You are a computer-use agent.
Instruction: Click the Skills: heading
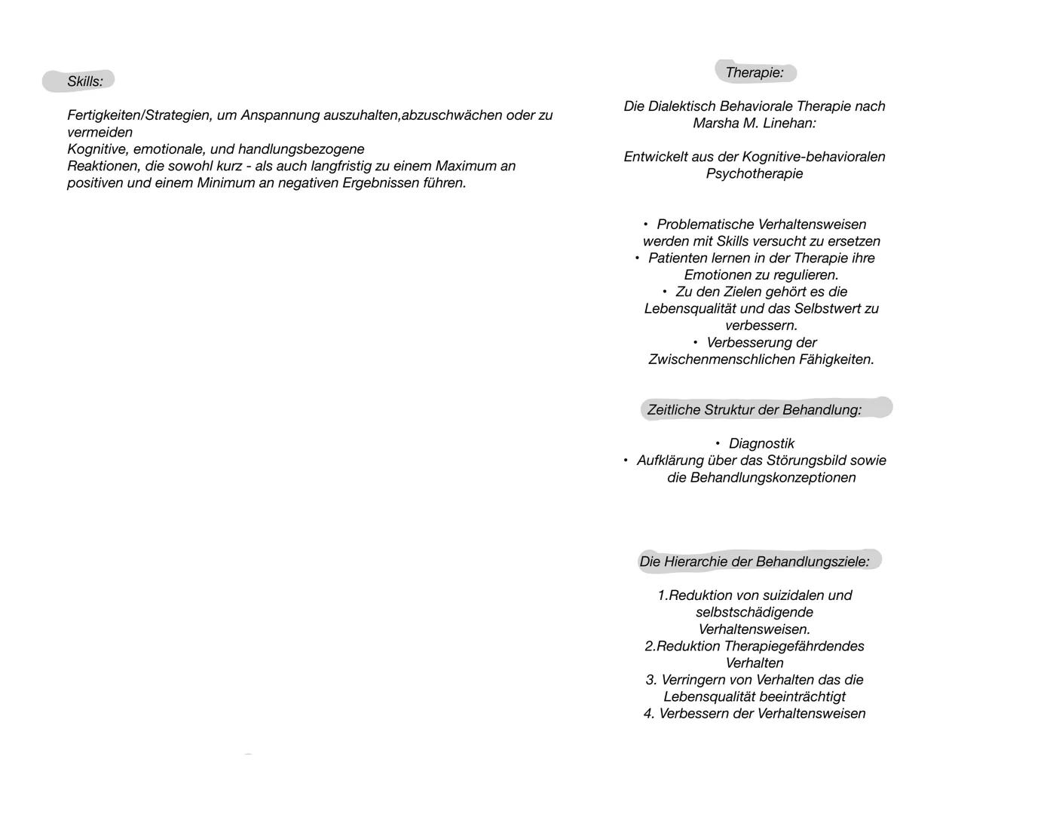coord(84,81)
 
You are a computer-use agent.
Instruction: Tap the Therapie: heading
coord(754,73)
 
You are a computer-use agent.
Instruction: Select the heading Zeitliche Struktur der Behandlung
coord(754,410)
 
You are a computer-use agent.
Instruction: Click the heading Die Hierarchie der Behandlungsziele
coord(754,562)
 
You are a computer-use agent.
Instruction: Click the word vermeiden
coord(99,133)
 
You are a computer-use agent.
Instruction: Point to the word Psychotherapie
coord(755,173)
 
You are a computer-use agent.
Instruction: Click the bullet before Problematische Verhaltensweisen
coord(646,225)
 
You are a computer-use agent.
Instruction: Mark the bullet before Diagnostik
coord(718,444)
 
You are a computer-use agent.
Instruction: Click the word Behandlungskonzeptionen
coord(761,478)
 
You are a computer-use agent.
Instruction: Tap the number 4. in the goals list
coord(649,714)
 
